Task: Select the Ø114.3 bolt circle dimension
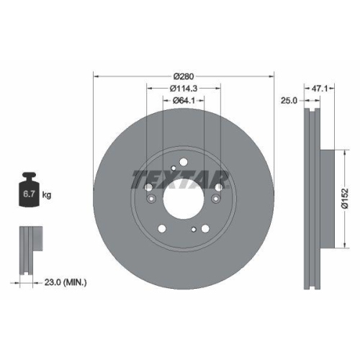[184, 89]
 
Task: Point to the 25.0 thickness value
[289, 102]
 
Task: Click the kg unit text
[46, 195]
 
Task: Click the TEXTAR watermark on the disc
[180, 177]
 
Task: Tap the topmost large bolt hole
[183, 161]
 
